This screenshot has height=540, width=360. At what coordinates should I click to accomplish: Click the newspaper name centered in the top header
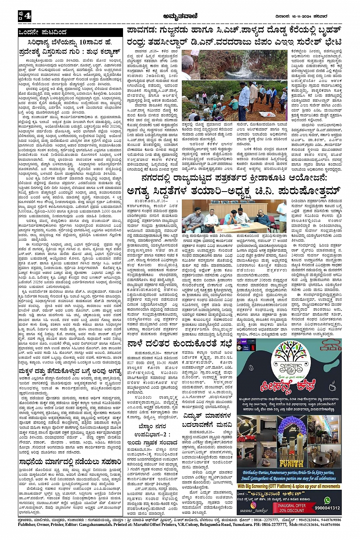179,16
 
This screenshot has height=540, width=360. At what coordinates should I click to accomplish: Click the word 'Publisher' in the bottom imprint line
29,524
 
